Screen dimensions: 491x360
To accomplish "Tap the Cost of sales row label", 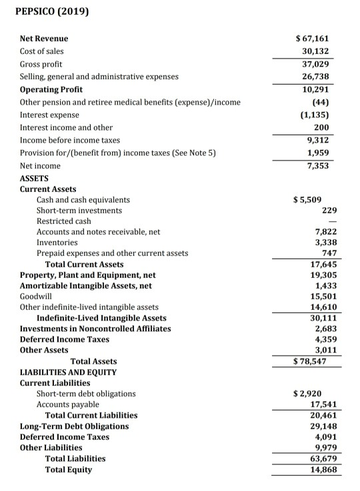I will tap(42, 51).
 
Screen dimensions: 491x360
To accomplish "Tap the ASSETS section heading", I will tap(35, 179).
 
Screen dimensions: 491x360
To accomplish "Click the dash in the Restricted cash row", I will tap(333, 221).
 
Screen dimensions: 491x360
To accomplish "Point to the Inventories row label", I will tap(57, 243).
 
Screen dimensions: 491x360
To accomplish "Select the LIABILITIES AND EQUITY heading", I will tap(68, 372).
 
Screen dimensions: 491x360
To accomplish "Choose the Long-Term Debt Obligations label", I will tap(74, 426).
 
